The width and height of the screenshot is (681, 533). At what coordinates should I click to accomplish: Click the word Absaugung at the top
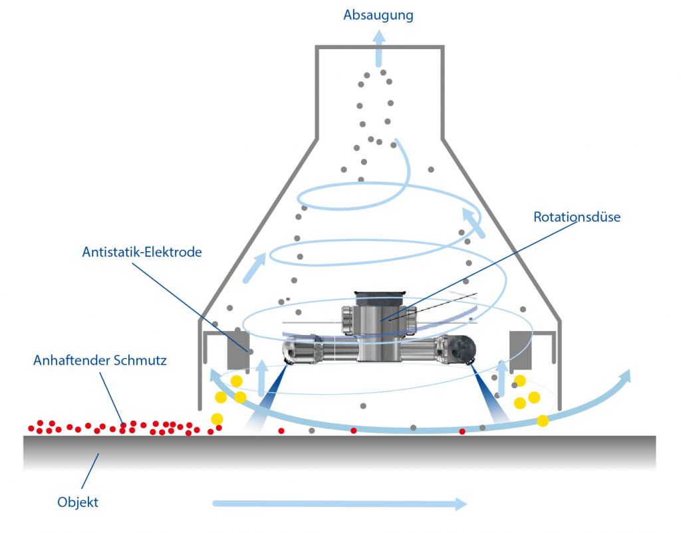point(378,14)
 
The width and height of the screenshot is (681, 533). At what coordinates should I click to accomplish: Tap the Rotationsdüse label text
point(577,217)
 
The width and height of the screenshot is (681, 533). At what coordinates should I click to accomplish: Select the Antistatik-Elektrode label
point(142,253)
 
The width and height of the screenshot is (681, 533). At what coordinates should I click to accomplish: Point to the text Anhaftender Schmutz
point(100,361)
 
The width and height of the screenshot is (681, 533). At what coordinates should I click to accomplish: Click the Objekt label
point(78,502)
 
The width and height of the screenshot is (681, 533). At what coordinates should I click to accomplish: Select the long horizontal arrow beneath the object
point(339,503)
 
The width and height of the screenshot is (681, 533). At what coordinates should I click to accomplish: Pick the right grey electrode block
point(521,349)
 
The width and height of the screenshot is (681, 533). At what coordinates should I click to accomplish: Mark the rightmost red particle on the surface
point(462,431)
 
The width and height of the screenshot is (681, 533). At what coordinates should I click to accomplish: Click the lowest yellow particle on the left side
point(217,419)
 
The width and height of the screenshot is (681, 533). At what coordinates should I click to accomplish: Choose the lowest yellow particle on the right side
point(543,420)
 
